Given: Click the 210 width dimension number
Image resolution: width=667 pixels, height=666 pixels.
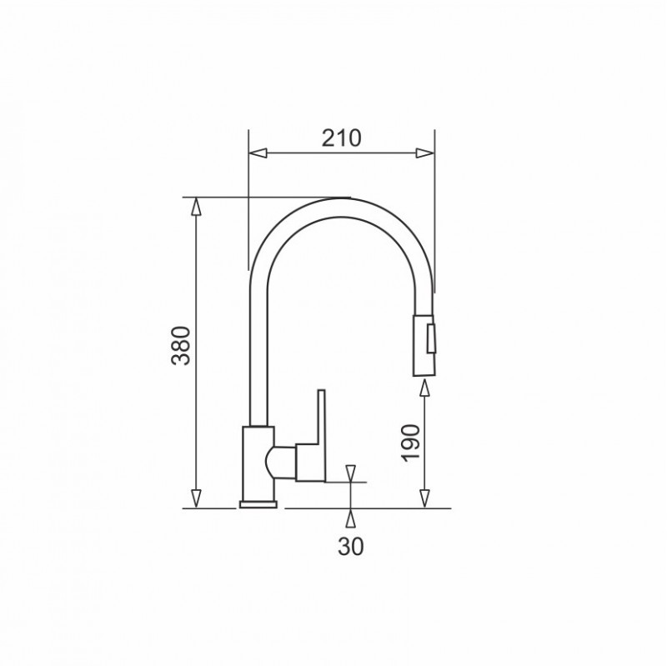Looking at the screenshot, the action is tap(341, 138).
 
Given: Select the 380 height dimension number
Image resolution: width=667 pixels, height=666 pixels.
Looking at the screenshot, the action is tap(181, 346).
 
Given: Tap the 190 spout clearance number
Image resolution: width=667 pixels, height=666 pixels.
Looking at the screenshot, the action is tap(411, 443).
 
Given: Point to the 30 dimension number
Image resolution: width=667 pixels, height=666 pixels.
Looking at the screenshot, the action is tap(351, 546).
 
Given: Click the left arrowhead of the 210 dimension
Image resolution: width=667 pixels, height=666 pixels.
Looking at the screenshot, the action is tap(258, 153).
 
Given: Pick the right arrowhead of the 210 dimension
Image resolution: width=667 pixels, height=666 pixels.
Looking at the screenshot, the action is tap(425, 153).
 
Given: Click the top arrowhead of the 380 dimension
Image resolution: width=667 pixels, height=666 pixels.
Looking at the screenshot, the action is tap(196, 207).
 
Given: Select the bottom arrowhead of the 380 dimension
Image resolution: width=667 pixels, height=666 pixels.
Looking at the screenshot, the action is tap(196, 498).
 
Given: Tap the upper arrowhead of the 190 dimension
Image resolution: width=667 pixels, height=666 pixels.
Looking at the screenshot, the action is tap(424, 388).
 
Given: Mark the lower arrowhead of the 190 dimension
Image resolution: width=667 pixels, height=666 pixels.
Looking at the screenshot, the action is tap(424, 498).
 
